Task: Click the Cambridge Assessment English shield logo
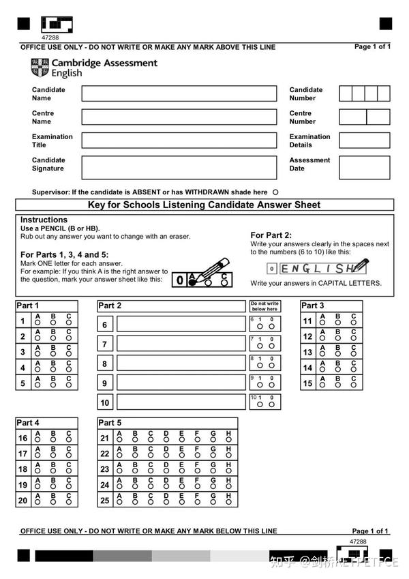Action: (x=40, y=68)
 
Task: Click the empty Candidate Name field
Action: (x=179, y=93)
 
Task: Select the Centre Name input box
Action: (x=179, y=117)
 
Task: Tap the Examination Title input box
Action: (x=179, y=140)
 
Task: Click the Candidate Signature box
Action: (x=179, y=167)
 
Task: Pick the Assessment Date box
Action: (x=364, y=167)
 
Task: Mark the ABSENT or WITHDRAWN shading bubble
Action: (x=275, y=192)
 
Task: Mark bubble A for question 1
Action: (x=38, y=324)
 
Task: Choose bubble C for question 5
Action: (x=69, y=386)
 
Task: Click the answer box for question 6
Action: (x=181, y=324)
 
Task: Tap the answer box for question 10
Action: (x=181, y=402)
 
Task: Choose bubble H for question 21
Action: (x=228, y=441)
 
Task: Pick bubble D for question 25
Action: (x=166, y=503)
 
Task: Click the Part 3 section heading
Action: (x=313, y=306)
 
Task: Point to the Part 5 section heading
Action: (x=110, y=423)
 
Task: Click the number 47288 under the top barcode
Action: (x=51, y=38)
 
